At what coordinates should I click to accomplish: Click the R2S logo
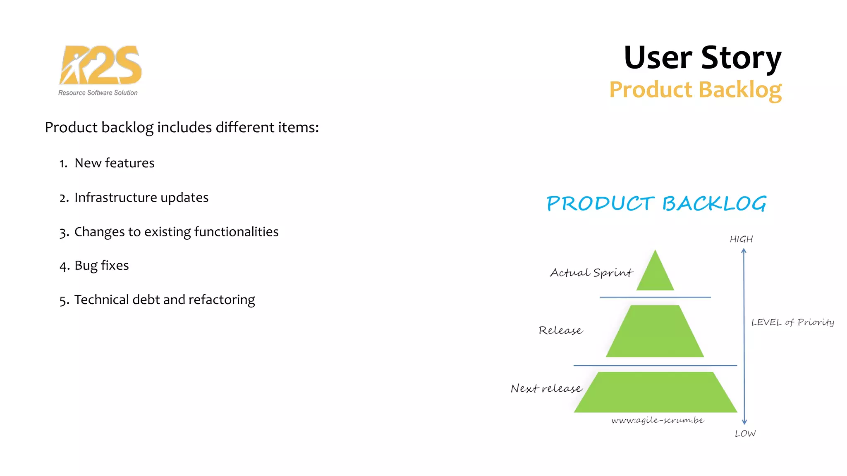pos(100,65)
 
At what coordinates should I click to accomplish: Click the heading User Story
pos(702,57)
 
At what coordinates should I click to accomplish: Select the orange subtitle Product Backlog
pos(695,90)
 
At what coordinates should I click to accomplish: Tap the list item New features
pos(114,163)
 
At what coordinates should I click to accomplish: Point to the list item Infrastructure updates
pos(141,198)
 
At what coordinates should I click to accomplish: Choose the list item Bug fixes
pos(101,265)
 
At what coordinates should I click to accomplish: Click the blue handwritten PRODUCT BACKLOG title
pos(656,203)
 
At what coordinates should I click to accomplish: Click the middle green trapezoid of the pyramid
pos(655,332)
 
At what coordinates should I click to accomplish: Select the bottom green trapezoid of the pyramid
pos(655,393)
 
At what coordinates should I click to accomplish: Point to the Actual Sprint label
pos(591,273)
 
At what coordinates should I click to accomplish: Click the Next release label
pos(546,388)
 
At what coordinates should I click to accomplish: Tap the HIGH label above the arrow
pos(741,239)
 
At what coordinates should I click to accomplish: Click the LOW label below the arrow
pos(745,433)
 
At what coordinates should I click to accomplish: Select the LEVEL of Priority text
pos(792,322)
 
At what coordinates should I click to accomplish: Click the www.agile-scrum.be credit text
pos(658,420)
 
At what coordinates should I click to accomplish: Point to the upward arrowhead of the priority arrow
pos(744,251)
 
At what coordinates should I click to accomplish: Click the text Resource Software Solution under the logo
pos(98,93)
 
